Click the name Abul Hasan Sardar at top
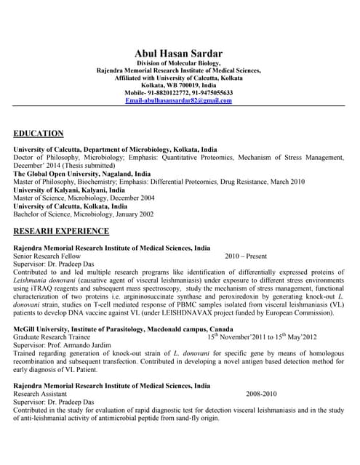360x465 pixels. [x=179, y=53]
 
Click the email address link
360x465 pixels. [x=179, y=100]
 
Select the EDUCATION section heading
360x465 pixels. [x=39, y=133]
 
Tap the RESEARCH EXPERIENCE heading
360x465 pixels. [x=62, y=231]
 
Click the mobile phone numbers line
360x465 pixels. [x=179, y=93]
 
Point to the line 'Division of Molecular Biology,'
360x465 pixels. [x=179, y=64]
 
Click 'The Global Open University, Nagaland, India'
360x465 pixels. [x=82, y=174]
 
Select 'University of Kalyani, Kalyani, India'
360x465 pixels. [x=71, y=190]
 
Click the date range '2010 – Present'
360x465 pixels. [x=246, y=256]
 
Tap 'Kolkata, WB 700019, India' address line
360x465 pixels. [x=179, y=86]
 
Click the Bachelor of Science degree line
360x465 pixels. [x=84, y=214]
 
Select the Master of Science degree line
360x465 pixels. [x=84, y=198]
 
